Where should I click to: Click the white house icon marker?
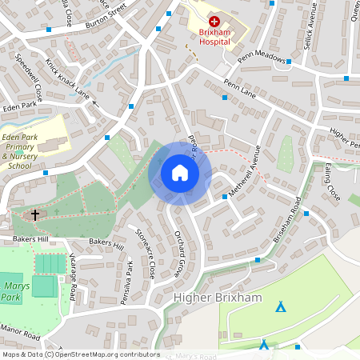180,173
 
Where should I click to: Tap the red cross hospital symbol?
214,22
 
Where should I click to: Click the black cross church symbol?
34,214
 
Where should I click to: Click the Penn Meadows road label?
262,58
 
